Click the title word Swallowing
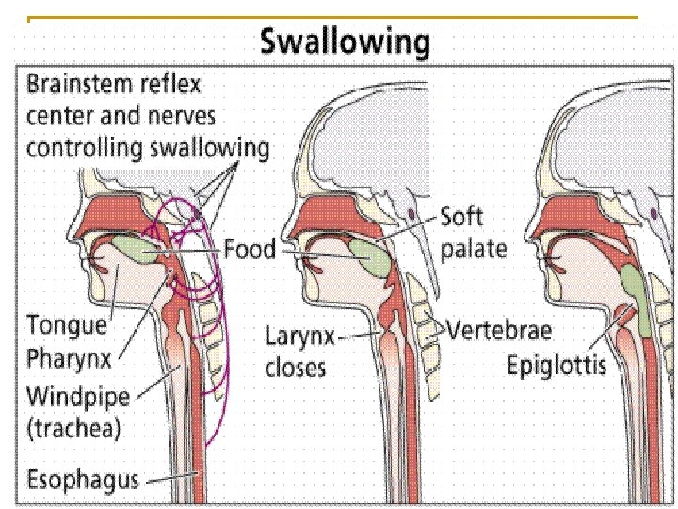pos(344,43)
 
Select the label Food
pos(250,251)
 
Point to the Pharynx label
pos(70,359)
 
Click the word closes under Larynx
pos(294,368)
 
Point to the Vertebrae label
pos(499,331)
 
